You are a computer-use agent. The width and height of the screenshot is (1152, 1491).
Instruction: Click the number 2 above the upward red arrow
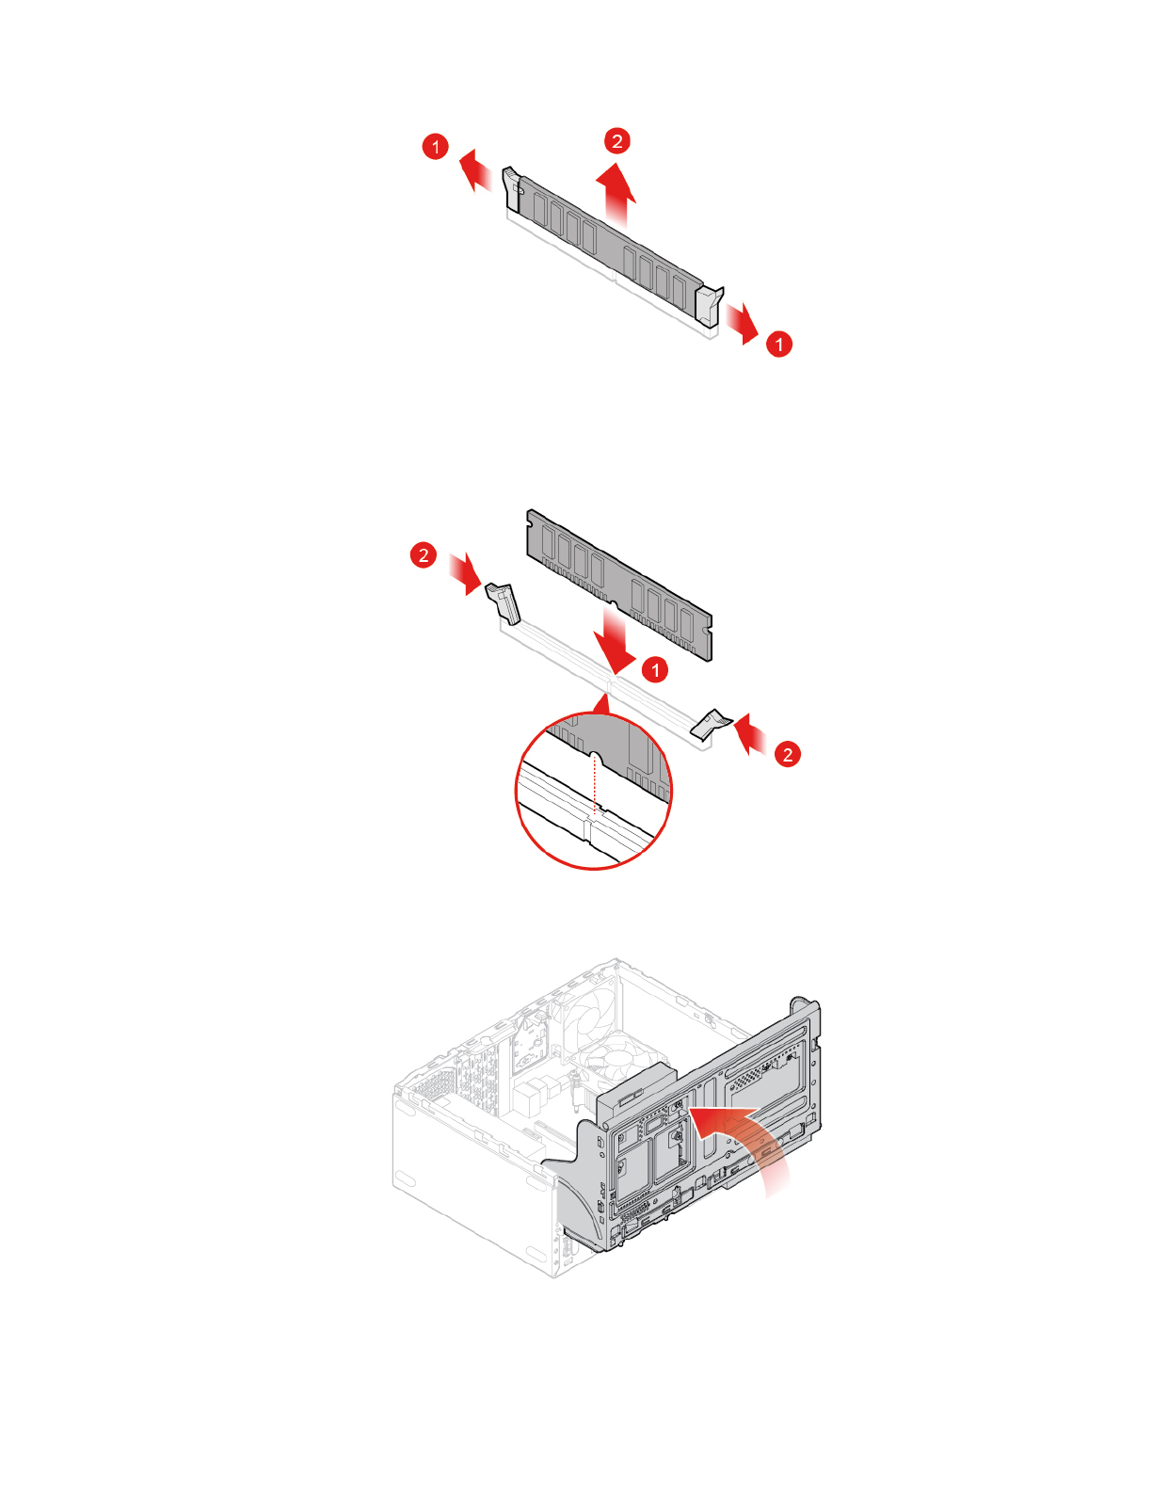point(616,141)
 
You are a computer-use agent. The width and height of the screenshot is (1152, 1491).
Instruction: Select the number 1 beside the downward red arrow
point(655,669)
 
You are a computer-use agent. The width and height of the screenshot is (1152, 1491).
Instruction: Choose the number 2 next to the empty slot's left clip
point(424,554)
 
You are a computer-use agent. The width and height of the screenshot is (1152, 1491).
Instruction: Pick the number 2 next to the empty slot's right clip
point(788,753)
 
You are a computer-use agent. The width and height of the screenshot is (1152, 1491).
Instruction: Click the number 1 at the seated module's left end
point(435,147)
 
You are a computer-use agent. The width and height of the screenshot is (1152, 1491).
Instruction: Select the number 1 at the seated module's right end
point(778,344)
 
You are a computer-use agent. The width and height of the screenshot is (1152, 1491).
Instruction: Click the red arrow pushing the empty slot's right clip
point(750,733)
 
